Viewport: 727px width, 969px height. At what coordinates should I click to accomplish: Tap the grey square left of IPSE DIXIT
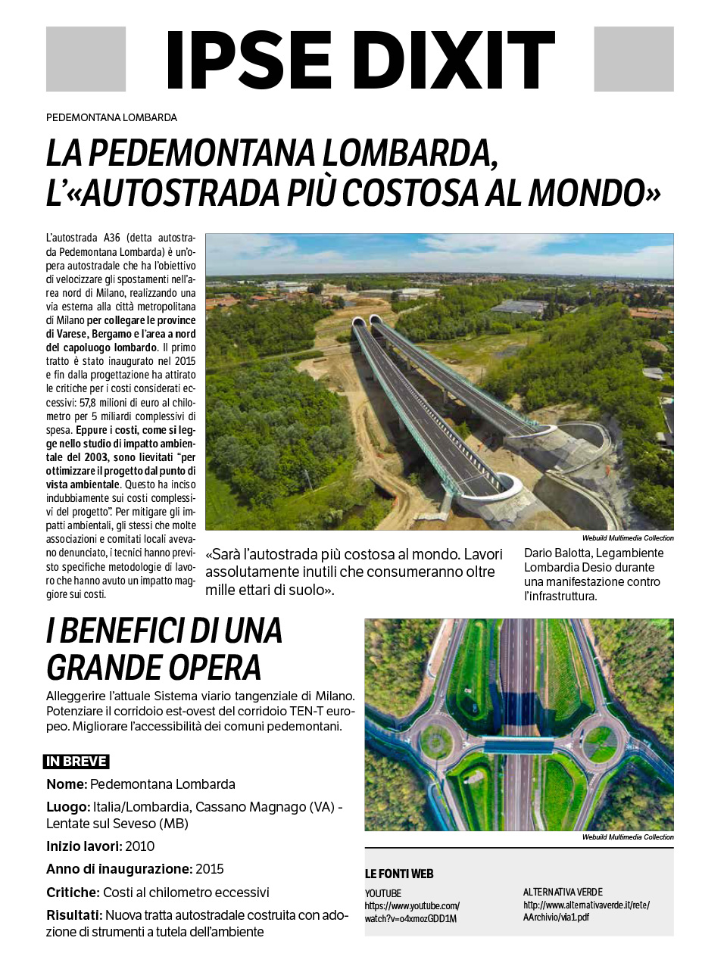[86, 59]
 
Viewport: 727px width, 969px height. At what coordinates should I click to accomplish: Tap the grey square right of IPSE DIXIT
[633, 59]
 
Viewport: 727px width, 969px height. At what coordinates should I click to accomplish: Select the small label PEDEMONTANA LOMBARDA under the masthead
[111, 117]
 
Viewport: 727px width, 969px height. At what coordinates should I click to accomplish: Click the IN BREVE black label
[76, 762]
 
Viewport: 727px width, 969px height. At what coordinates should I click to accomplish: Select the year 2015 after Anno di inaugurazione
[210, 869]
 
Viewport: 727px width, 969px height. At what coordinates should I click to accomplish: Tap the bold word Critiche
[73, 893]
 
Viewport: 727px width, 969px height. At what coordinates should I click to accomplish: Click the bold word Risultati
[73, 915]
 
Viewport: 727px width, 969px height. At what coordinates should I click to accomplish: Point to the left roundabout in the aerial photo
[433, 739]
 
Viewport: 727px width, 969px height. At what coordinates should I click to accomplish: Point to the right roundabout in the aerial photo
[602, 739]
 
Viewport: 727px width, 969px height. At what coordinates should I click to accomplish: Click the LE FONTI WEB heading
[399, 874]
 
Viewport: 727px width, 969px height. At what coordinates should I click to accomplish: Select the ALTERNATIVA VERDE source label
[563, 892]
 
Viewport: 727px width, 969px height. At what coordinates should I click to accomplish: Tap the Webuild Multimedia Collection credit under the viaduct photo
[628, 538]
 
